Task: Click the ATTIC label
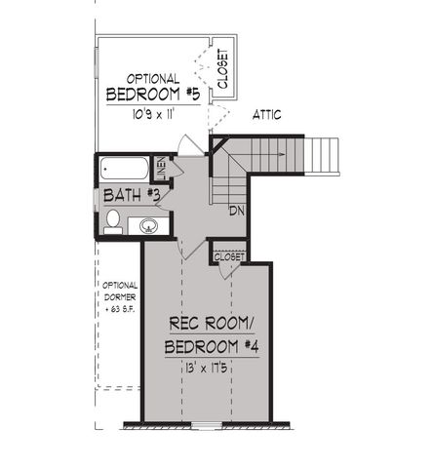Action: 267,115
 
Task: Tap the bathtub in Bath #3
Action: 125,169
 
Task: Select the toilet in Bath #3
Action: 113,219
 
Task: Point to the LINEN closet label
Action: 162,170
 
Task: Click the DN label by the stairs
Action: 236,211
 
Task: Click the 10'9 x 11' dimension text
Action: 151,114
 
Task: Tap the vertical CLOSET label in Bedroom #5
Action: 222,69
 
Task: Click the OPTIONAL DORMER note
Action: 118,297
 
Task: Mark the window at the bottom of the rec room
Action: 206,424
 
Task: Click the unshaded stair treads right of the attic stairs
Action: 325,155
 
